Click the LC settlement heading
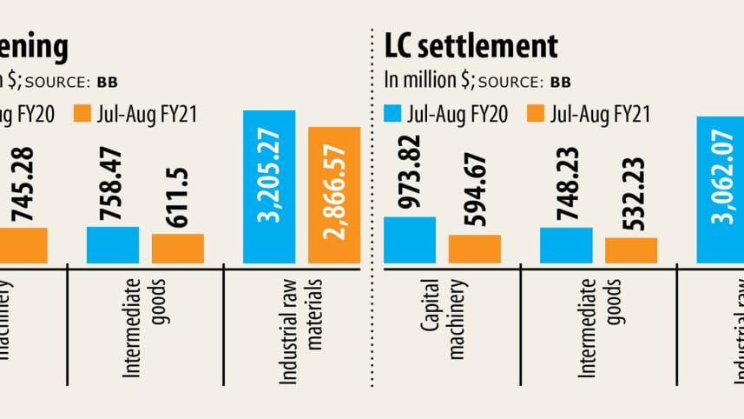(x=470, y=46)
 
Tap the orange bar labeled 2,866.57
(x=334, y=195)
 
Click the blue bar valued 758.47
(x=113, y=244)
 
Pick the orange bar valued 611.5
(x=178, y=248)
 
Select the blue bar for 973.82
(x=409, y=240)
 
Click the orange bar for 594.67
(x=474, y=249)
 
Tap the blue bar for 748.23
(x=566, y=245)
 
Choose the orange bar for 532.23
(x=631, y=250)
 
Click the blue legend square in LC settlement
(x=392, y=114)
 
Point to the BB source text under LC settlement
(x=560, y=83)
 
